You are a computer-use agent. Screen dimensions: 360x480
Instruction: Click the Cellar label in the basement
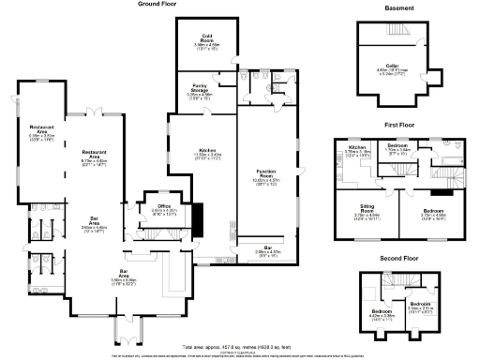(393, 67)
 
